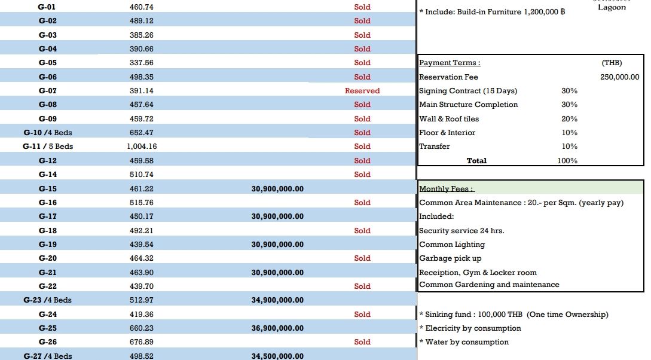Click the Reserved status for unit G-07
tap(362, 91)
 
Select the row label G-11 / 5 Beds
tap(48, 147)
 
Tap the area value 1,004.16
tap(142, 147)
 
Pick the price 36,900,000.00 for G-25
tap(277, 328)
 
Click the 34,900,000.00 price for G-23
tap(277, 300)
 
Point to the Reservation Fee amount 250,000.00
tap(619, 77)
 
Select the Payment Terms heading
tap(450, 63)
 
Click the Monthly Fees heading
tap(447, 189)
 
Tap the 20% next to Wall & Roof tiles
tap(569, 119)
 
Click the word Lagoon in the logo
tap(612, 8)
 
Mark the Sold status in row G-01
tap(362, 7)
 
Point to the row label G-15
tap(48, 189)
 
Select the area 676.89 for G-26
tap(142, 342)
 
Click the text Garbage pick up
tap(450, 258)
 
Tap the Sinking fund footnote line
tap(514, 315)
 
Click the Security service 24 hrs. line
tap(461, 231)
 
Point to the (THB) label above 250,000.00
tap(612, 63)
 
